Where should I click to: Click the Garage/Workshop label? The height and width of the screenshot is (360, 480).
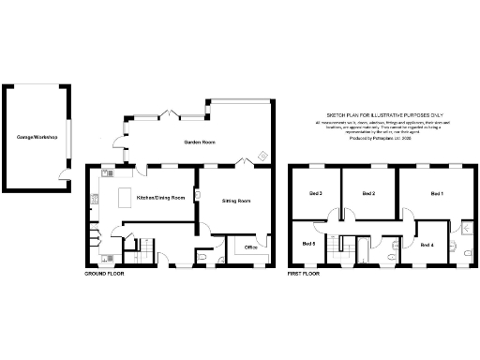37,138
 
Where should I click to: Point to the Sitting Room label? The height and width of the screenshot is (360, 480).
236,201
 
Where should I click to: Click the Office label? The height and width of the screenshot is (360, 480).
250,247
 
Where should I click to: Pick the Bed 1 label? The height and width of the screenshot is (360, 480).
436,193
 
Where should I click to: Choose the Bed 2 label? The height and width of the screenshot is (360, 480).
368,193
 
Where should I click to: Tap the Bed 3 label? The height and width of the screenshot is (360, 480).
315,193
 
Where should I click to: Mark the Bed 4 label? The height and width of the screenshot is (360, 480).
427,245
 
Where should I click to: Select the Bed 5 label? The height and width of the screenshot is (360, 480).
307,244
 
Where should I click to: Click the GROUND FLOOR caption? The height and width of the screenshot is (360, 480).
104,275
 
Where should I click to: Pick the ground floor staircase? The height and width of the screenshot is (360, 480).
131,247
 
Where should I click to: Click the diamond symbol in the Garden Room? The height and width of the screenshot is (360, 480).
262,156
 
